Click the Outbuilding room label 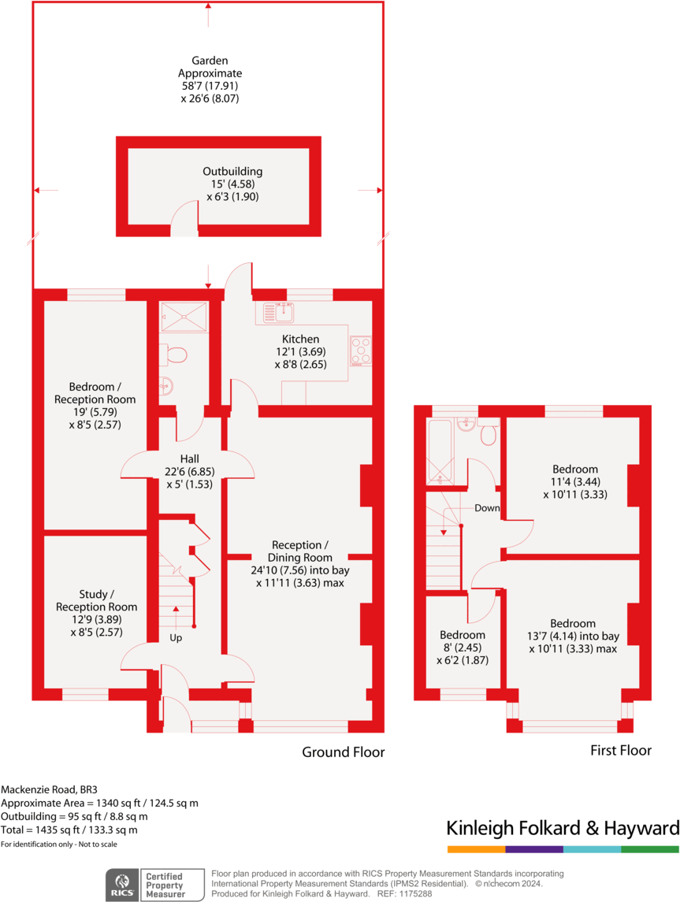click(x=232, y=171)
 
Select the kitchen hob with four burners click(x=361, y=351)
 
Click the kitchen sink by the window click(x=280, y=313)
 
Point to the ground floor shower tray click(x=183, y=317)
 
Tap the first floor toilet click(x=488, y=432)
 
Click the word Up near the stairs click(x=176, y=637)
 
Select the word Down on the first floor click(x=487, y=508)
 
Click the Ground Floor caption click(x=344, y=752)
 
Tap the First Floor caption click(x=621, y=751)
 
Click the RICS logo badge click(x=123, y=884)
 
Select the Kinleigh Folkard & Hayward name click(x=563, y=828)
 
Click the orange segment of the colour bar click(x=476, y=849)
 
